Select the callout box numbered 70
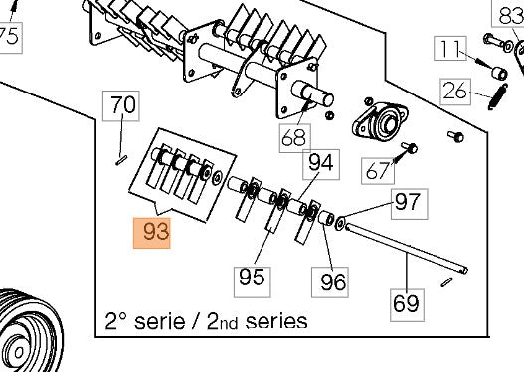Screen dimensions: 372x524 [x=123, y=104]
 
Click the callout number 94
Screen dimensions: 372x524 [x=321, y=162]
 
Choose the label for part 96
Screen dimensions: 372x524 [x=333, y=281]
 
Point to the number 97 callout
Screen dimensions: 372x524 [x=407, y=203]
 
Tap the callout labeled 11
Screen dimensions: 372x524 [x=450, y=48]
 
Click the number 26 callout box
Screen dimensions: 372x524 [x=454, y=92]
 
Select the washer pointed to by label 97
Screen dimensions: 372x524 [x=341, y=220]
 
